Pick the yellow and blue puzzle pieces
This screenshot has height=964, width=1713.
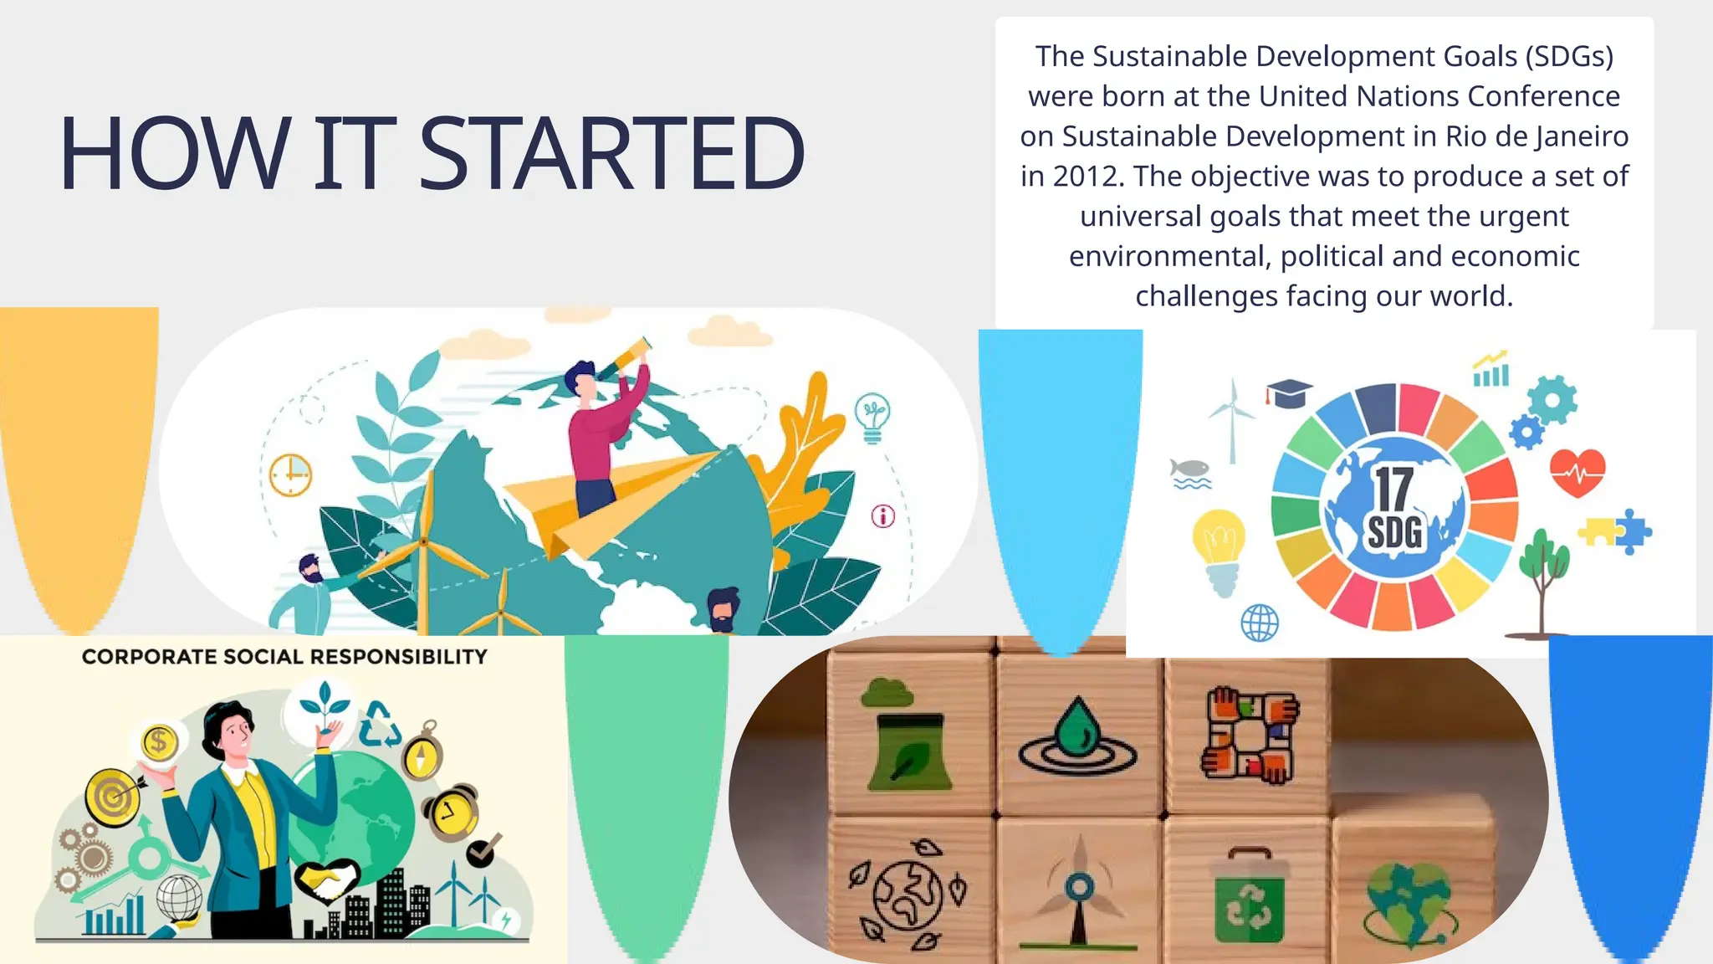pos(1616,531)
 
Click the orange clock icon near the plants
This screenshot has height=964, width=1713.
pos(290,474)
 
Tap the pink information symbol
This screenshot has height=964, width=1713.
pos(883,516)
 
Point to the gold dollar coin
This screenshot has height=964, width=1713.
pos(159,741)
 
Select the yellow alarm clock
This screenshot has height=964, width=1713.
pos(452,812)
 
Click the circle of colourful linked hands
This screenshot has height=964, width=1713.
pos(1250,736)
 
